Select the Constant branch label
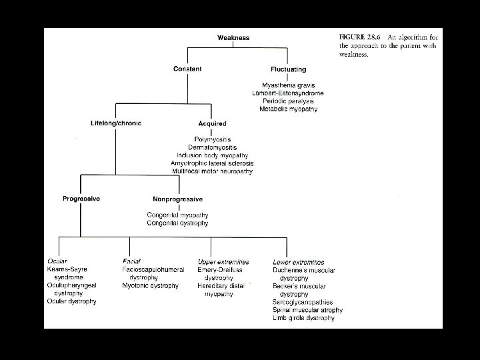187,69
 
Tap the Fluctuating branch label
289,69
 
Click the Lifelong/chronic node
116,123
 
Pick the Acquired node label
212,123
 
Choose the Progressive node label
81,198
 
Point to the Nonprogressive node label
177,199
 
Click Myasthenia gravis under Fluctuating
289,85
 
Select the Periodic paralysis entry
289,101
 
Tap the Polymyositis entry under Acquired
213,139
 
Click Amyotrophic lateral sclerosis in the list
213,163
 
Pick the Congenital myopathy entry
177,215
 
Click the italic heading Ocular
57,261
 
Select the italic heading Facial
131,261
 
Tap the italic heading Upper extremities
223,261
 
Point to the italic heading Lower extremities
299,261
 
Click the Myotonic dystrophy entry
150,285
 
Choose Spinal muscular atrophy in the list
307,310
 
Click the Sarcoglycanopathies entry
303,302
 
